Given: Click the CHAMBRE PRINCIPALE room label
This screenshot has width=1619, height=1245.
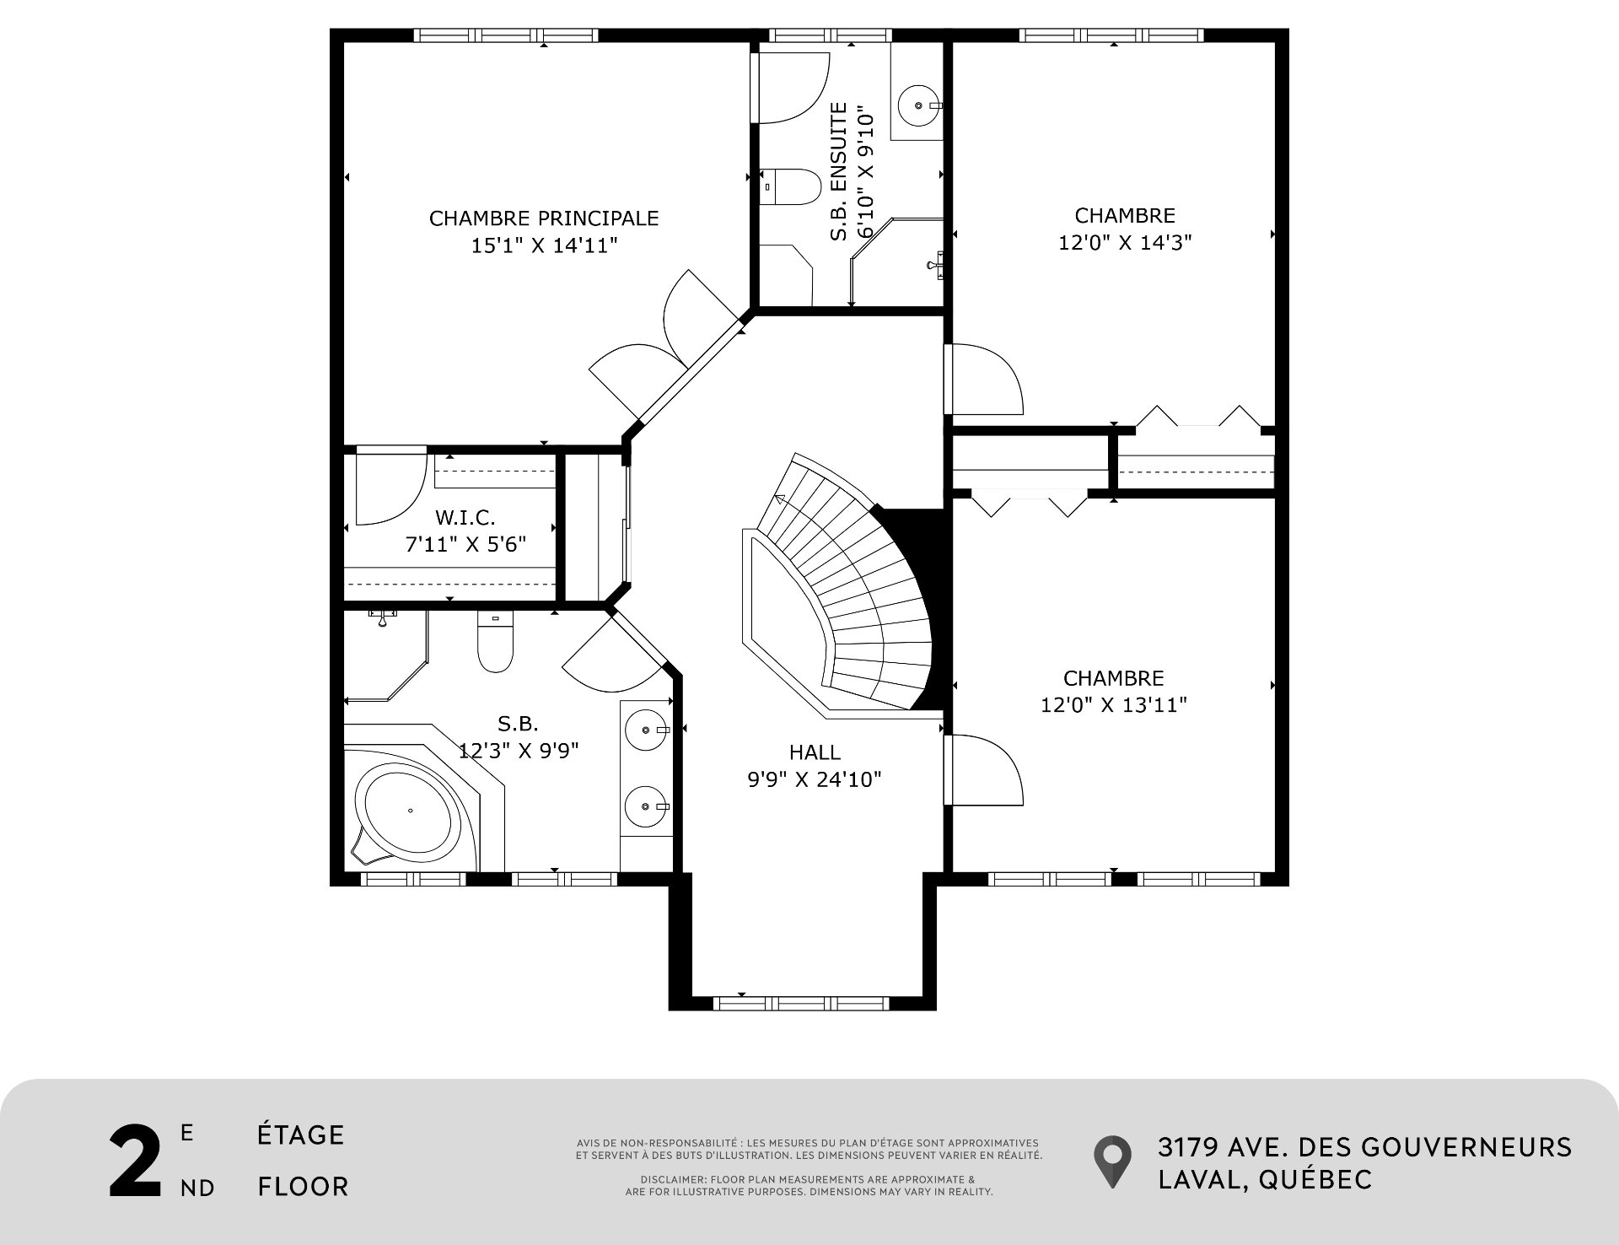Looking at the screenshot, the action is point(544,218).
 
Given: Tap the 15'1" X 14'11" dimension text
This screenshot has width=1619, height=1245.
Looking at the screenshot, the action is point(544,245).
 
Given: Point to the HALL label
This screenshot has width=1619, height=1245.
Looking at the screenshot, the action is point(815,752).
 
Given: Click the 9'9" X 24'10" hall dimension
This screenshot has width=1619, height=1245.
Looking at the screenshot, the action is point(815,779).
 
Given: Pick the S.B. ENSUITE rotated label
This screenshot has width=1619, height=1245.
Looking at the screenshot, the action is point(838,171).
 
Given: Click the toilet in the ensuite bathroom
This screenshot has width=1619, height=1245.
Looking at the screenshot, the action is point(790,187).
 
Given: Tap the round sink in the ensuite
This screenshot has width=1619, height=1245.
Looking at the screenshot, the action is point(916,106).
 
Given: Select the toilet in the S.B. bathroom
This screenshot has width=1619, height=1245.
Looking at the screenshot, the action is point(495,641).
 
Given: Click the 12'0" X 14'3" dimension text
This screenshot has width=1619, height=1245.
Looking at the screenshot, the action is point(1125,242).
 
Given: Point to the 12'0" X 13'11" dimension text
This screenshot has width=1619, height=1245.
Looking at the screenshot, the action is point(1114,704).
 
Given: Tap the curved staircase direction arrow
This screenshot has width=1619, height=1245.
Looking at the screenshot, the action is point(780,499).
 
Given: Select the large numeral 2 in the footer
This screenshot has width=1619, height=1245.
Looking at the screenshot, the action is point(135,1161).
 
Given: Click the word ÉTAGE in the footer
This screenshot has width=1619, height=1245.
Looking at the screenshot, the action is point(301,1135).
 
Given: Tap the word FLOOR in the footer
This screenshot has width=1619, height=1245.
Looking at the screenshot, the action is point(304,1187).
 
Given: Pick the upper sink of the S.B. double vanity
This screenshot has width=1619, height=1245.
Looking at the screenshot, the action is point(647,729).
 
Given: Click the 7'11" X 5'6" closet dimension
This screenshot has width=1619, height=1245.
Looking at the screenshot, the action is point(465,544).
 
